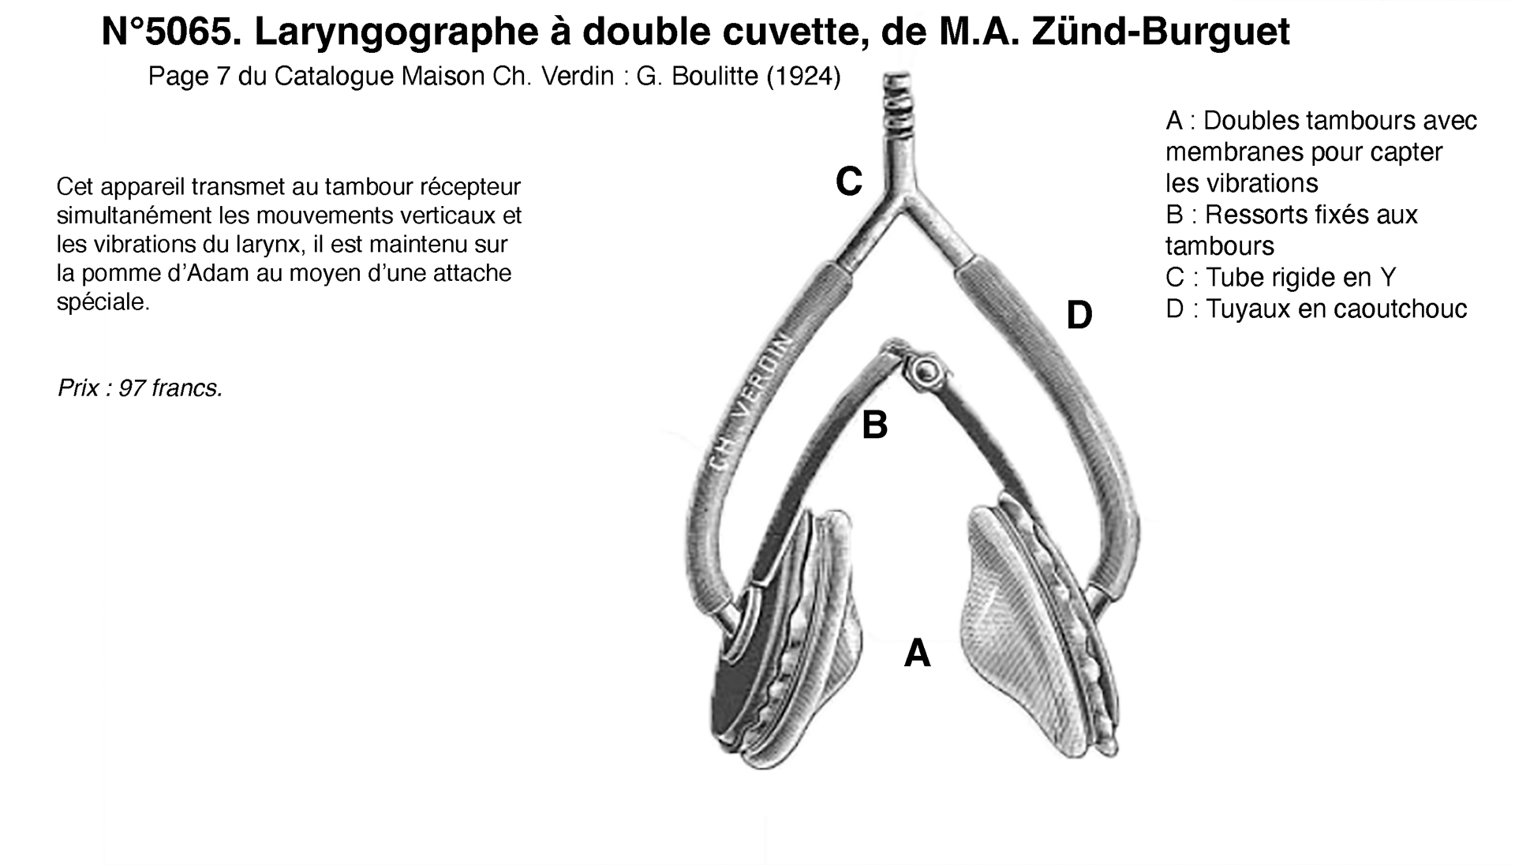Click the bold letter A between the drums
(917, 653)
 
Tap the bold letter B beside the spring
(874, 425)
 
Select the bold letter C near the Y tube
(849, 182)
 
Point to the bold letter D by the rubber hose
(1079, 316)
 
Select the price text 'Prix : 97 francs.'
(140, 388)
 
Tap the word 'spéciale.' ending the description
(103, 301)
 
